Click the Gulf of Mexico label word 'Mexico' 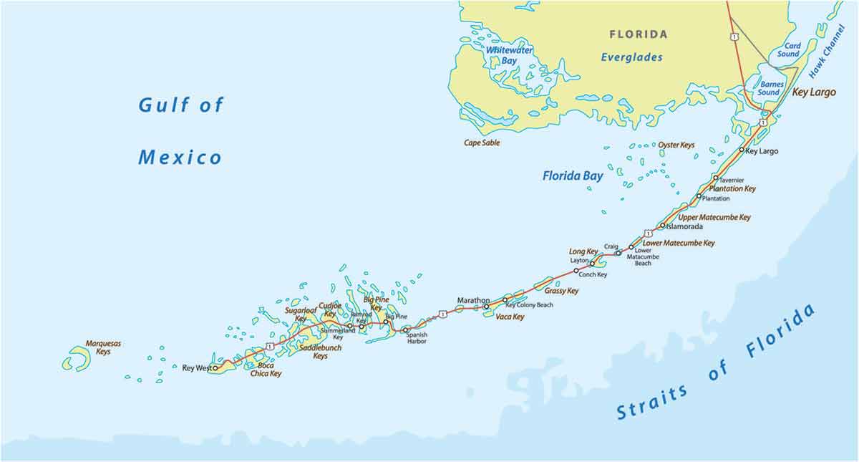[x=180, y=157]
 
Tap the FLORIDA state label [x=638, y=34]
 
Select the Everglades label [x=631, y=57]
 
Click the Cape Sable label [x=482, y=143]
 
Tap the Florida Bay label [x=572, y=175]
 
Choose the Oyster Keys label [x=676, y=145]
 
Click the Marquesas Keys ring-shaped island [x=77, y=359]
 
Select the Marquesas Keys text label [x=103, y=347]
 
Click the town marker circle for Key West [x=215, y=368]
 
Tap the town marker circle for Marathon [x=487, y=307]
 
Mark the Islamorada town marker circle [x=662, y=226]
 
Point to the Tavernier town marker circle [x=715, y=178]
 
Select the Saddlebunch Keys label [x=320, y=352]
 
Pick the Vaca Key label [x=510, y=317]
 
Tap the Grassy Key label [x=561, y=291]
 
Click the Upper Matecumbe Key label [x=714, y=217]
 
